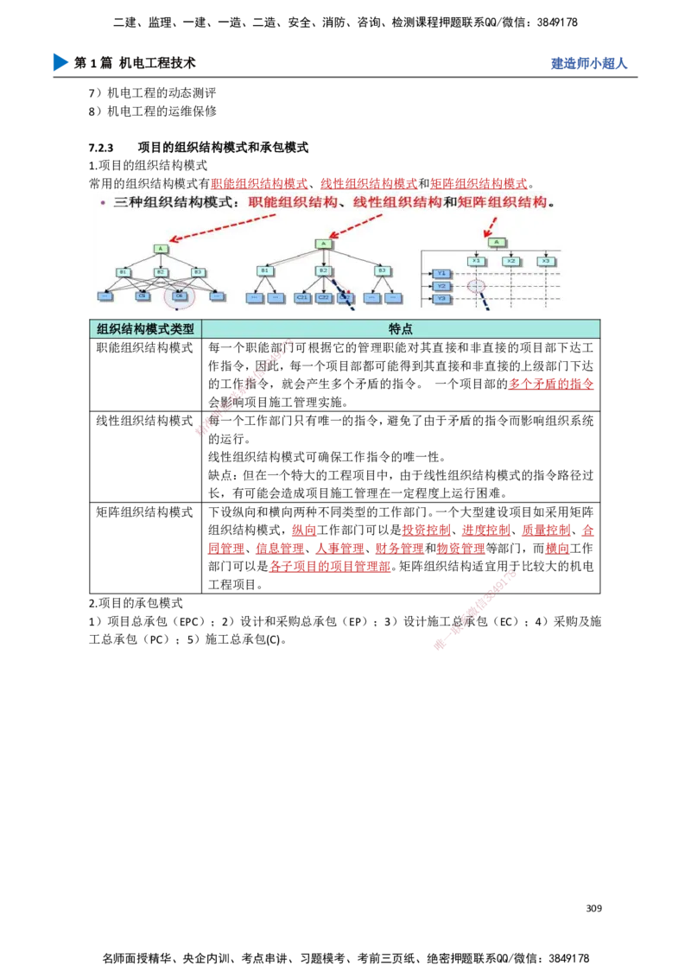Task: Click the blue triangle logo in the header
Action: [59, 62]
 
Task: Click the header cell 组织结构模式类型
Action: [145, 329]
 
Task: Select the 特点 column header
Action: [401, 329]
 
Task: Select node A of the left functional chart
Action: [161, 249]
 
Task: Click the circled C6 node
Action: [180, 296]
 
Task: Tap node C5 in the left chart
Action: [143, 296]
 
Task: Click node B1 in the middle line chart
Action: [264, 271]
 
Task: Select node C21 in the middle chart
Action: [302, 297]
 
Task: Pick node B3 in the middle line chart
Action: [380, 271]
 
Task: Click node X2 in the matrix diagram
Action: [511, 261]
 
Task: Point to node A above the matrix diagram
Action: [495, 243]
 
